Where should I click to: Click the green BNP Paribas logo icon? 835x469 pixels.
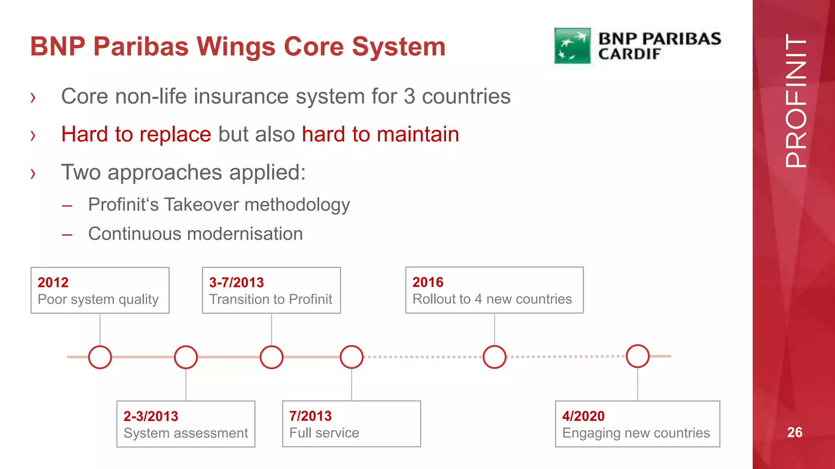pos(572,46)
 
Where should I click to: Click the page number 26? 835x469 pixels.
pos(794,432)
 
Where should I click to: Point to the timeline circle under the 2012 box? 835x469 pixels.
pos(100,357)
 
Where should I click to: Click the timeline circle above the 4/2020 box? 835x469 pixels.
pos(638,356)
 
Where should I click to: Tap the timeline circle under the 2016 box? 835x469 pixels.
pos(495,357)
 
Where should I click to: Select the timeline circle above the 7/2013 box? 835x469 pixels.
pos(351,357)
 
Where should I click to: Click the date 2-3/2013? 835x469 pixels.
pos(151,416)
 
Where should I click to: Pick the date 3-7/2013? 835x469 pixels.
pos(236,282)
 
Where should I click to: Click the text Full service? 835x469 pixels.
pos(324,433)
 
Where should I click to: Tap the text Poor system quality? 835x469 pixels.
pos(98,299)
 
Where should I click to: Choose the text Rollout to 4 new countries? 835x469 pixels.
pos(492,299)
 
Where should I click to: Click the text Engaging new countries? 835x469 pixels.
pos(636,433)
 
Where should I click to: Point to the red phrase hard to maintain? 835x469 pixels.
pos(380,134)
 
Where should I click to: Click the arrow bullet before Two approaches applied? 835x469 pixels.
pos(33,173)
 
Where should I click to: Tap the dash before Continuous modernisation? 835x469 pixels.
pos(67,235)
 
